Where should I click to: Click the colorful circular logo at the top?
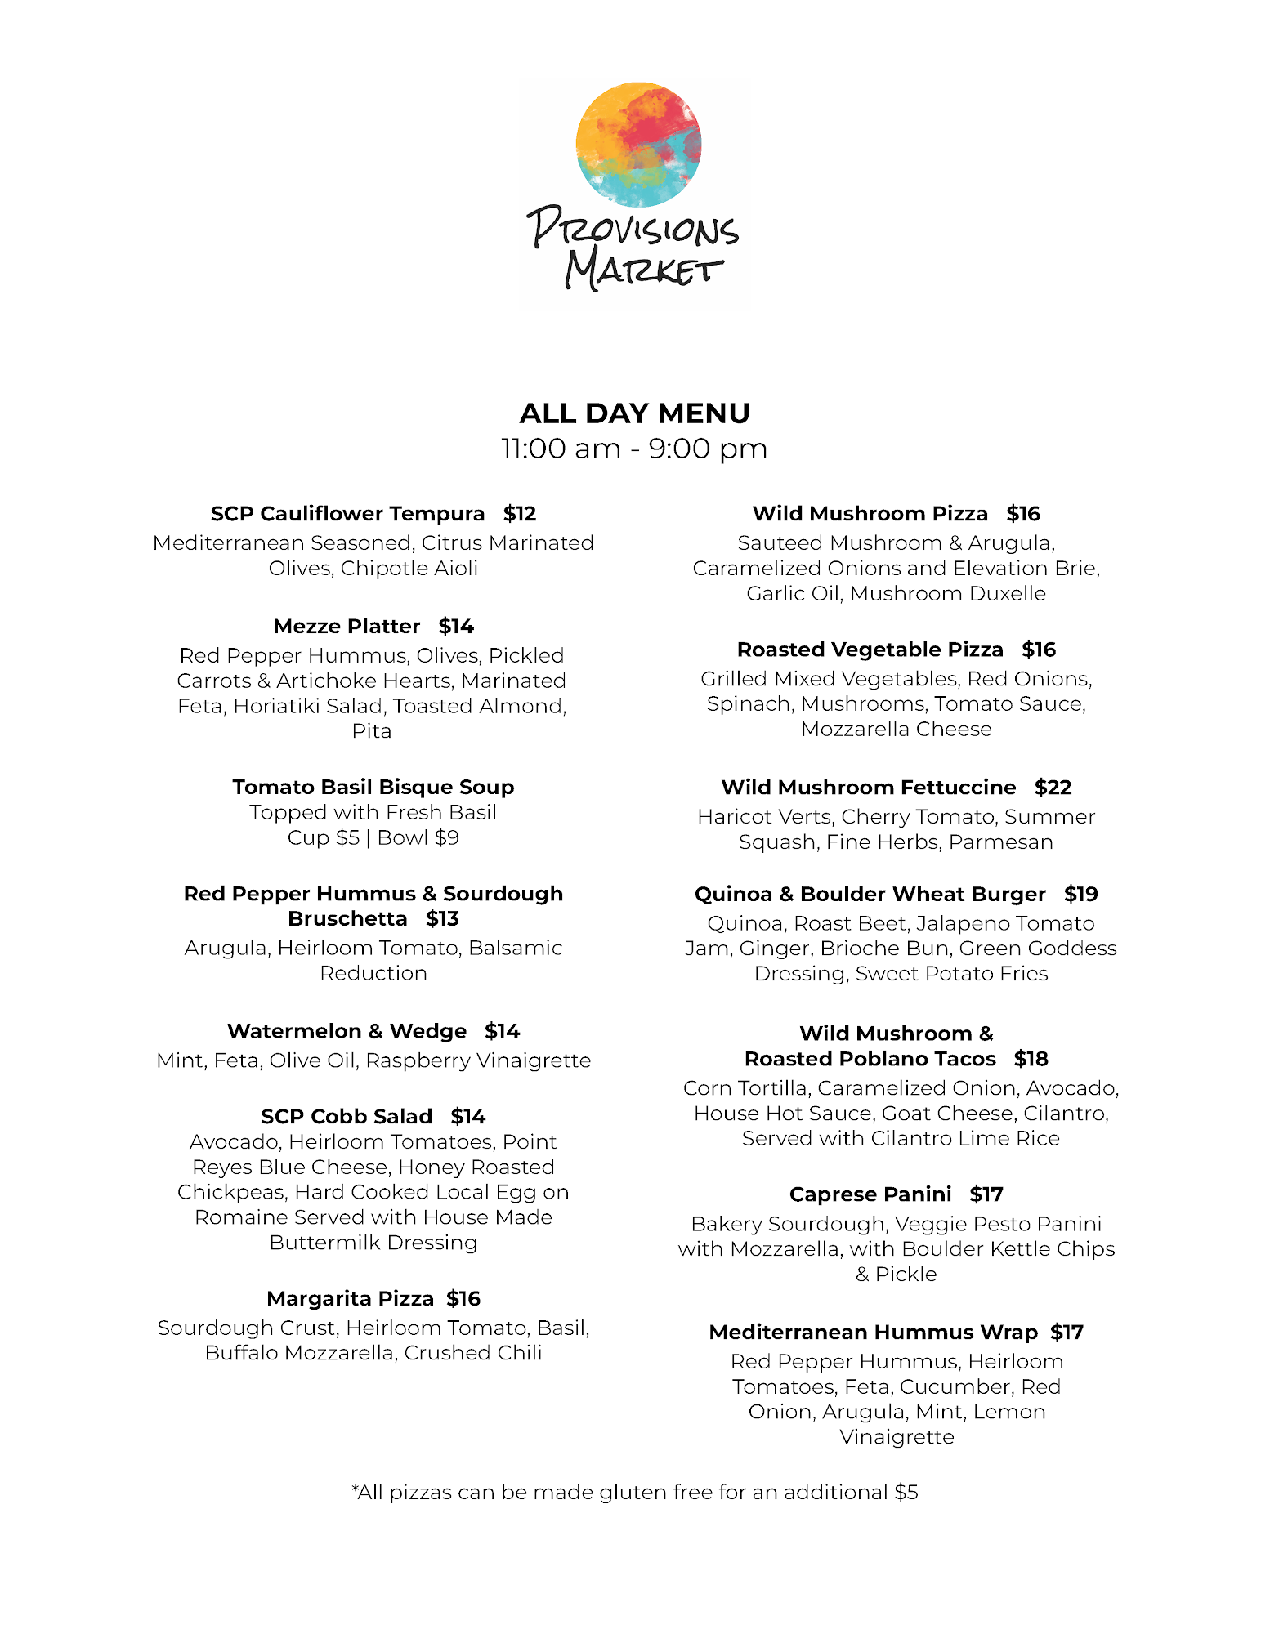[638, 145]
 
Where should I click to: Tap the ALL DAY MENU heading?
[634, 413]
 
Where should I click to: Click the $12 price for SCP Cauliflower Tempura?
[520, 514]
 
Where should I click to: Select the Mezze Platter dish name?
[347, 627]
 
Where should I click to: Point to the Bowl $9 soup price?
[418, 838]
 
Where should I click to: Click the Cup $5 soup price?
[323, 838]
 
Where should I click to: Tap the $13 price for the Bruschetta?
[442, 919]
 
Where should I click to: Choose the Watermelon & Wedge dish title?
[347, 1031]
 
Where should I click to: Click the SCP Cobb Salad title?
[347, 1117]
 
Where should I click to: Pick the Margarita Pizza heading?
[350, 1299]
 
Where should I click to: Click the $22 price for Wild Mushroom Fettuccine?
[1053, 788]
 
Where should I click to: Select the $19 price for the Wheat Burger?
[1080, 895]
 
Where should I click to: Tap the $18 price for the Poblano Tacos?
[1031, 1060]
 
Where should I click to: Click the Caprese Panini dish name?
[870, 1194]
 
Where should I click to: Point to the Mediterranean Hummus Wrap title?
[873, 1333]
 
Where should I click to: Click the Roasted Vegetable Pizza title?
[870, 650]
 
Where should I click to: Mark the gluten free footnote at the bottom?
[635, 1493]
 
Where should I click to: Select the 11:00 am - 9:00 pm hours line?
[634, 449]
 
